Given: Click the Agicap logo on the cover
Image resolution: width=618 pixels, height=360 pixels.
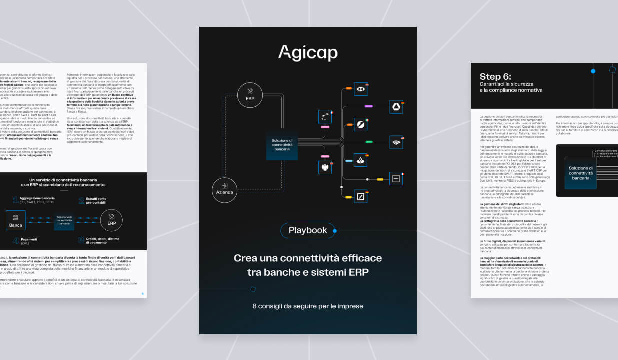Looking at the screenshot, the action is tap(307, 52).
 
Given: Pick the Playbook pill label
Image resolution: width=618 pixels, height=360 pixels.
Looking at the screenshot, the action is tap(307, 230).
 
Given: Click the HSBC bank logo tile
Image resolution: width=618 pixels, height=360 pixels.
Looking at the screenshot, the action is tap(360, 89).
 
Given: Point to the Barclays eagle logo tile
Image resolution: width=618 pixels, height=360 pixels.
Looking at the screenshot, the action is tap(325, 167).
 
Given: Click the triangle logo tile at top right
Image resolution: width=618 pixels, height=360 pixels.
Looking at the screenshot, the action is tap(396, 107).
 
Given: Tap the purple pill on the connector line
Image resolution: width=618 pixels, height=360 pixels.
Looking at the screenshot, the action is tap(369, 106).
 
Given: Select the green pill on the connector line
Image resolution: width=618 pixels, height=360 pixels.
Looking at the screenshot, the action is tap(369, 142).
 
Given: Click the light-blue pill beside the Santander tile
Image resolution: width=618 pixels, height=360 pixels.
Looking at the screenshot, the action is tap(349, 161).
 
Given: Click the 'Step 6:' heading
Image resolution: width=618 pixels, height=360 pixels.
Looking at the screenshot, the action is tap(495, 77).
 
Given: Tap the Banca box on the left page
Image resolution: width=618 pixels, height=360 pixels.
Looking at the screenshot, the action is tap(15, 220).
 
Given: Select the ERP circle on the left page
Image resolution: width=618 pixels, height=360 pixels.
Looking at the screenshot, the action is tap(111, 220).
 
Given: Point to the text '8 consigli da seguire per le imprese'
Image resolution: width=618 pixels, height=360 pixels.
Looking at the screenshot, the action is tap(307, 306).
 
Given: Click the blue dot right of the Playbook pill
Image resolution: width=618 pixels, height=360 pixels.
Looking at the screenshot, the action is tap(335, 231).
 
